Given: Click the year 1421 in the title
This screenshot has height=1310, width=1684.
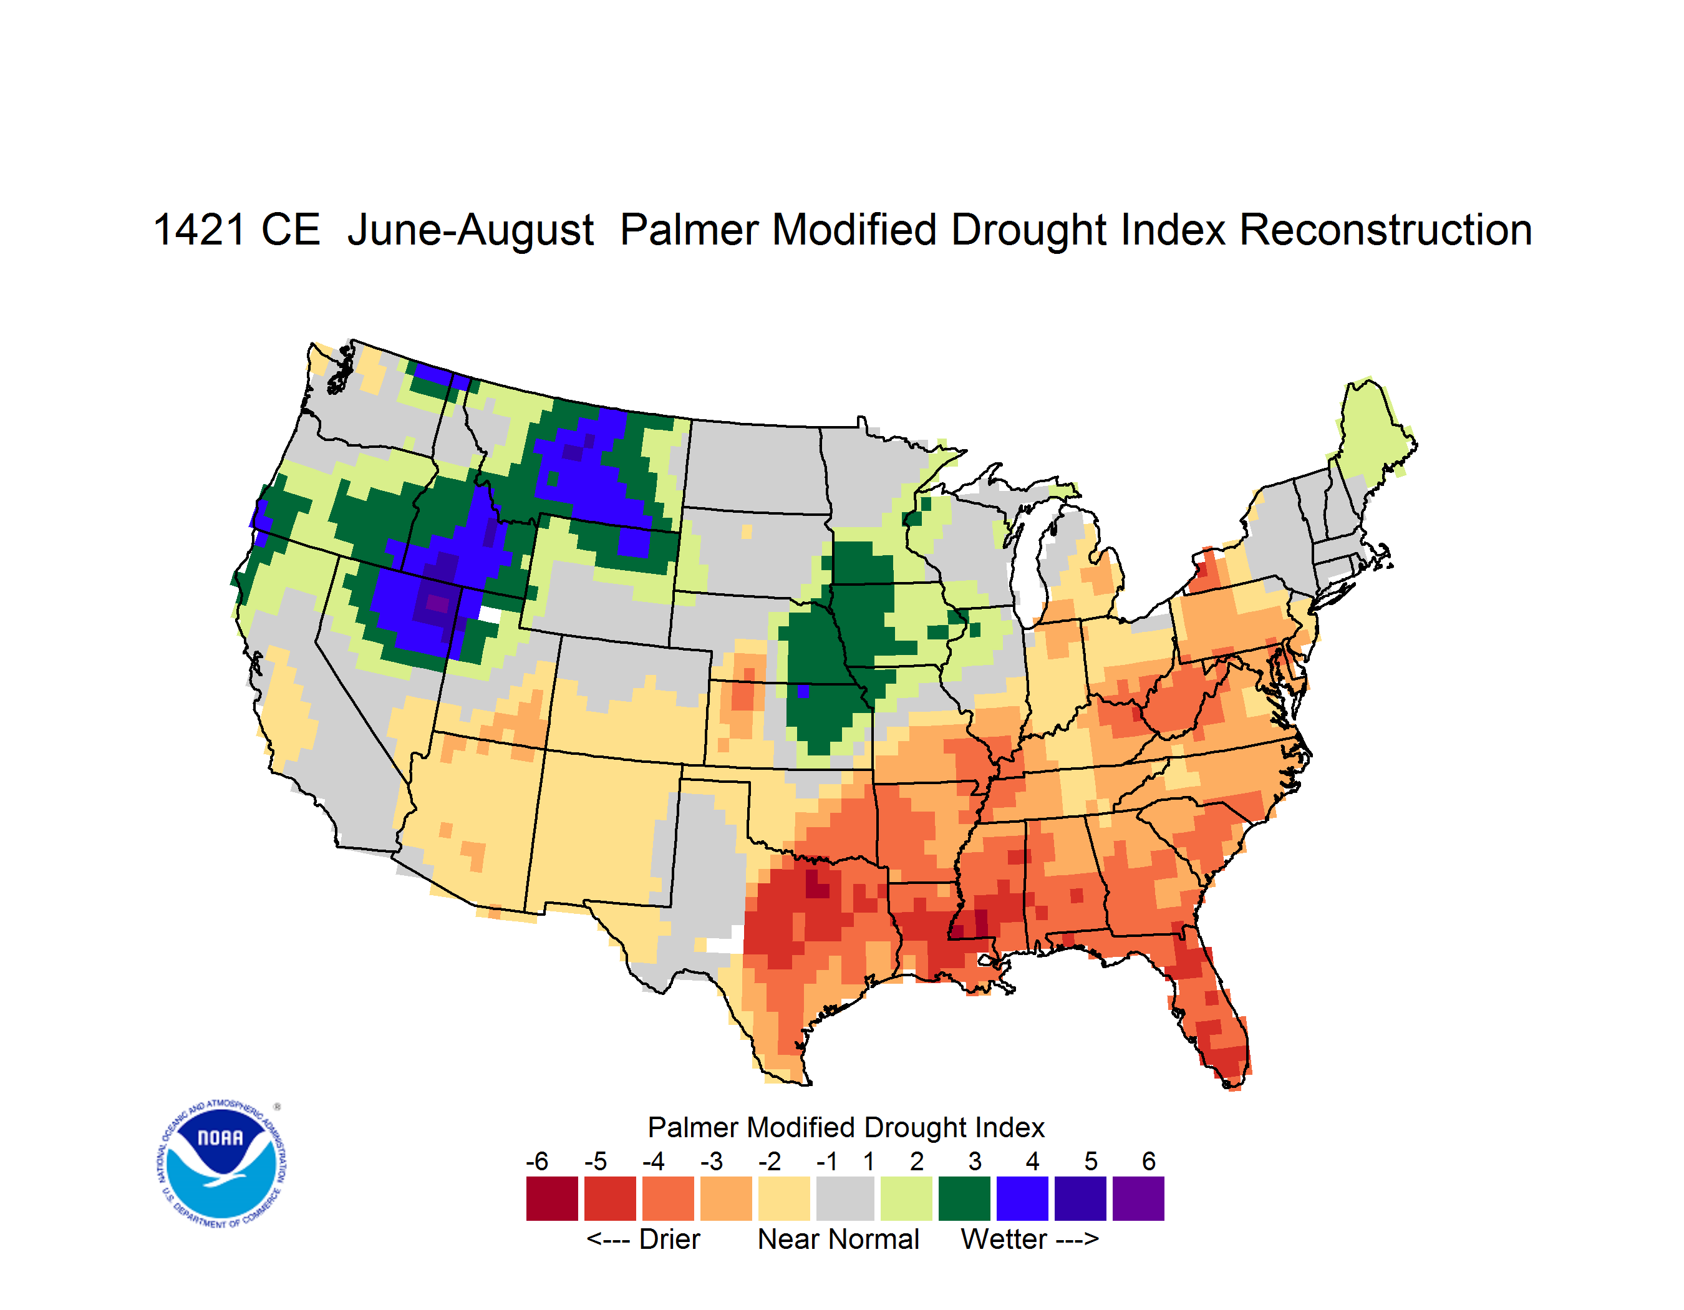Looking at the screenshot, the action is [x=199, y=230].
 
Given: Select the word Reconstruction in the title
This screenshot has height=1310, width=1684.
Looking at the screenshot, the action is [x=1386, y=230].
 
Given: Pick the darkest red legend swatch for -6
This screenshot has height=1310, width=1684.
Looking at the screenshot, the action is [x=552, y=1198].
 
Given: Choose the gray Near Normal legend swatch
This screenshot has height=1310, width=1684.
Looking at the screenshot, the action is [x=845, y=1198].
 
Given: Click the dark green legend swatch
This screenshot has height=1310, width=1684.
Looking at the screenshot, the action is [x=964, y=1198].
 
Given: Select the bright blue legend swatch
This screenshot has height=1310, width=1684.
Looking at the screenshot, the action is [x=1022, y=1198].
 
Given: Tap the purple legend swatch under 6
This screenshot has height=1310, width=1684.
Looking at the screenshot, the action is [x=1138, y=1198].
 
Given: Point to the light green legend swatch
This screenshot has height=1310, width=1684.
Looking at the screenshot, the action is [x=906, y=1198].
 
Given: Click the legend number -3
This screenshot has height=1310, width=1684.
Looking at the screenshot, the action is [x=711, y=1161].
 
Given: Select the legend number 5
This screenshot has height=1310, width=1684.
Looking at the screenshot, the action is [x=1091, y=1161].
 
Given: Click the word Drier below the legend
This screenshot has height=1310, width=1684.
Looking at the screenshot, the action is [x=669, y=1239].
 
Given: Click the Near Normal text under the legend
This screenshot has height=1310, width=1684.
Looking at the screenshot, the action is [x=839, y=1239].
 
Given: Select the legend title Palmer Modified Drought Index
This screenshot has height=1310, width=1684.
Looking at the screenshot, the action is [x=846, y=1127].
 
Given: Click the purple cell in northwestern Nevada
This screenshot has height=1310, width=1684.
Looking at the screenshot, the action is [x=437, y=603].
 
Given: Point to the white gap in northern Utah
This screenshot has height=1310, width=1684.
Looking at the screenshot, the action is [x=489, y=614].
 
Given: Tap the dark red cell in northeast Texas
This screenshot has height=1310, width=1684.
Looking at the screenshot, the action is [x=816, y=885].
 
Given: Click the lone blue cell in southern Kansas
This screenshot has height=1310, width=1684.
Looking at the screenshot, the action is [x=803, y=691].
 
